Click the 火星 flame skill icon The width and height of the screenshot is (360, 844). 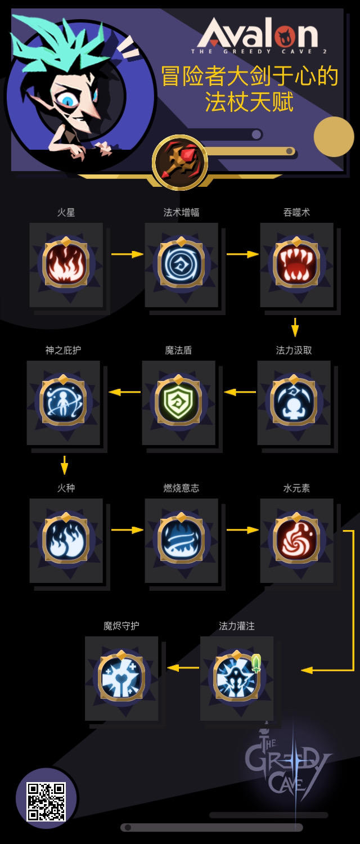coord(66,263)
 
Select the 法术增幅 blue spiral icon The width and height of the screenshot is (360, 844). coord(181,263)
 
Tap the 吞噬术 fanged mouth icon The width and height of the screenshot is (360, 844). coord(296,263)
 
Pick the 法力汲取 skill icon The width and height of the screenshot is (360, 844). coord(294,401)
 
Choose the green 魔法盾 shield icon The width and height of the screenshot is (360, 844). coord(178,401)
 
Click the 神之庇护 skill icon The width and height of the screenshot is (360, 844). coord(63,401)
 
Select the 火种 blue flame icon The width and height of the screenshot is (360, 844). coord(66,539)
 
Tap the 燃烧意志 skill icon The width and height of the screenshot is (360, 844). coord(181,539)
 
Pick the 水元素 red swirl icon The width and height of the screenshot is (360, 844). coord(296,539)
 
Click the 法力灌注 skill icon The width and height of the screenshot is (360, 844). coord(236,677)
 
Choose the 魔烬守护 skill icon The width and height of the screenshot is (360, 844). coord(121,677)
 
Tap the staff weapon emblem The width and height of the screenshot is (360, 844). coord(180,163)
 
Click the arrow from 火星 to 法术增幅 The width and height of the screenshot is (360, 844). coord(127,254)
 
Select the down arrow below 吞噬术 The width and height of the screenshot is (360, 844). coord(295,327)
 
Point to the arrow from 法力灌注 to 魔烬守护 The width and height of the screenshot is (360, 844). coord(183,668)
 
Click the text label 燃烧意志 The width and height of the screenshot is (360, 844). coord(181,488)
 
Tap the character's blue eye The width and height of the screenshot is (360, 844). coord(68,100)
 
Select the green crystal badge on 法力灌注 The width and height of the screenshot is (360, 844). coord(256,663)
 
